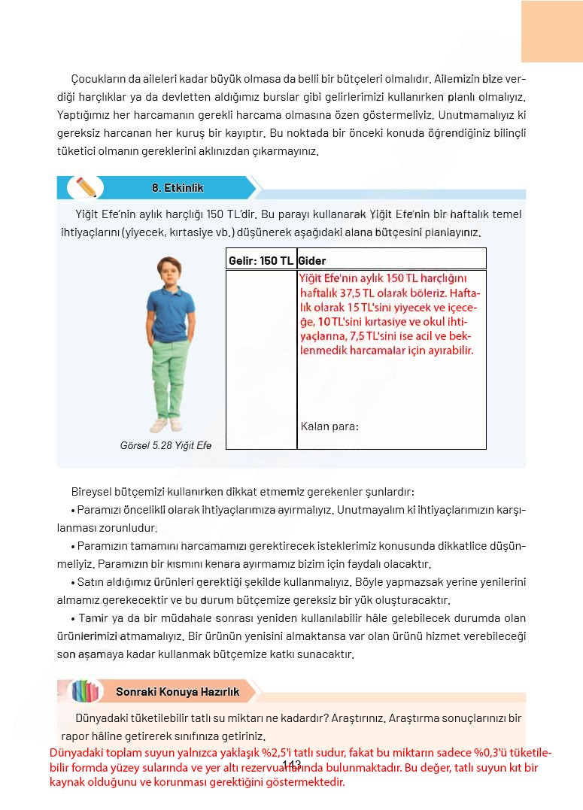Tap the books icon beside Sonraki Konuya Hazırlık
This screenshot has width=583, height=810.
coord(85,691)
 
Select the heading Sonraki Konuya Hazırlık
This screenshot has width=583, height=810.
coord(178,691)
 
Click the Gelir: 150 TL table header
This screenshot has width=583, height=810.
coord(260,261)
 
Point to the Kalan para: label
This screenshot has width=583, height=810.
coord(329,426)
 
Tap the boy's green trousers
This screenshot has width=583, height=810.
coord(169,376)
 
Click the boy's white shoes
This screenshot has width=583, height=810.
coord(169,425)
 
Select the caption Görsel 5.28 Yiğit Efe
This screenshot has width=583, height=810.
coord(165,445)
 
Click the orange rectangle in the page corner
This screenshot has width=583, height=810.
coord(551,31)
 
